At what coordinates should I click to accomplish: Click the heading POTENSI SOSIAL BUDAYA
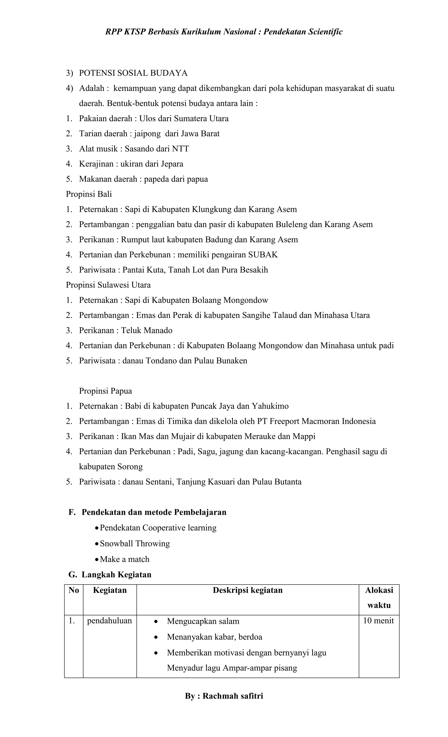(x=133, y=73)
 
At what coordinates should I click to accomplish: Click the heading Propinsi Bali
(x=89, y=194)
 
